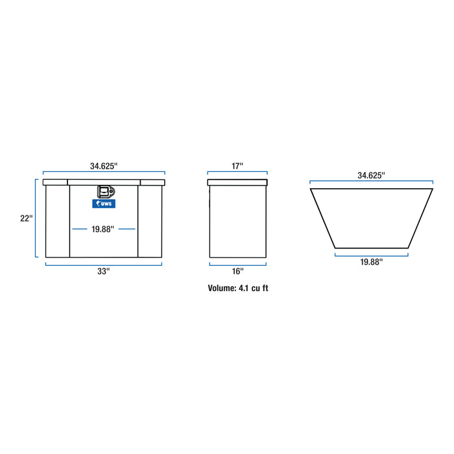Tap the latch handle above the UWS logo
(x=104, y=192)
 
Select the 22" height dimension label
(x=25, y=219)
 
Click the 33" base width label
(x=104, y=272)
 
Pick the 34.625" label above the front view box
(x=104, y=166)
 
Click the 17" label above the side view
(x=237, y=166)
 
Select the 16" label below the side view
(x=237, y=271)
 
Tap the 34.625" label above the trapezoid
(x=371, y=175)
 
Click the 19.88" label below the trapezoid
(x=371, y=261)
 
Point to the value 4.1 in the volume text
(x=244, y=288)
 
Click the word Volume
(x=222, y=288)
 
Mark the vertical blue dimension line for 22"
(x=36, y=219)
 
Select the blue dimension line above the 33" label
(x=104, y=263)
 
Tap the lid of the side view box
(x=237, y=183)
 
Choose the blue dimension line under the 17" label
(x=237, y=174)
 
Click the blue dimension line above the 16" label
(x=237, y=263)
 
